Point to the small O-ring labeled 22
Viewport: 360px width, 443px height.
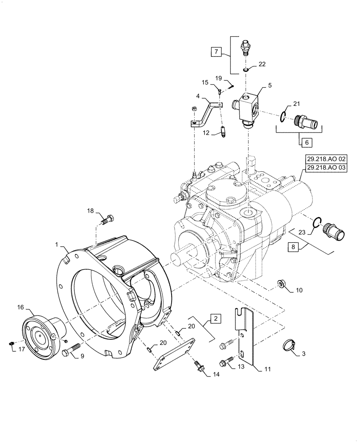[245, 70]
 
